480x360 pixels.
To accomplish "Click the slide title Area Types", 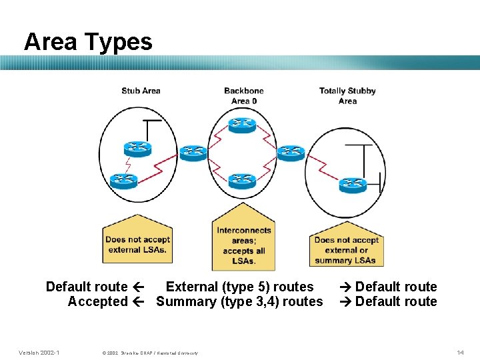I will coord(88,41).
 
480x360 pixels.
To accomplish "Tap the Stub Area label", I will coord(141,91).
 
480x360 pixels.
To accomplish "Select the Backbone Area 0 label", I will coord(244,96).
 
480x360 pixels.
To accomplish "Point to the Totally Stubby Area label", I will coord(347,96).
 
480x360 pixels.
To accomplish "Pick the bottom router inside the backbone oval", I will coord(241,180).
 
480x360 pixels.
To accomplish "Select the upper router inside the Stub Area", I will coord(137,148).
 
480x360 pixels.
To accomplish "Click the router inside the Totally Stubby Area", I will coord(352,185).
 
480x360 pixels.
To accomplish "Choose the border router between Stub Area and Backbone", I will coord(193,153).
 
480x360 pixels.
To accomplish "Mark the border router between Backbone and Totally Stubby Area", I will coord(291,153).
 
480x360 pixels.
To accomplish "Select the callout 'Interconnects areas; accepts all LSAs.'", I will coord(243,245).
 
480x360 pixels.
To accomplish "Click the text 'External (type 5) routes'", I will coord(239,287).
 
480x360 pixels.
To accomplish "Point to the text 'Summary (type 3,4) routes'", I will coord(239,301).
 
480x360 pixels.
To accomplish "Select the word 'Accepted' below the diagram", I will coord(97,301).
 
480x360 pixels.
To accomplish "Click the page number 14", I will coord(460,352).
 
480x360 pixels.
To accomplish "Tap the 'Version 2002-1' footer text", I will coord(39,352).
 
